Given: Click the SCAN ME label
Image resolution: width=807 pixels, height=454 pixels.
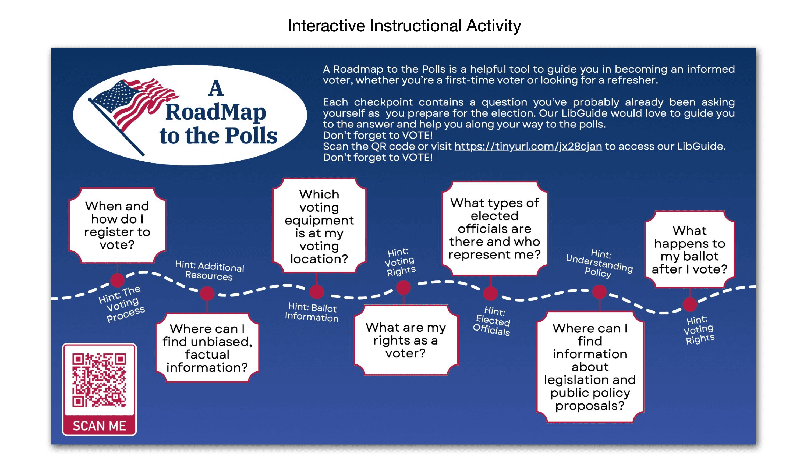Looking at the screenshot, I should click(x=99, y=426).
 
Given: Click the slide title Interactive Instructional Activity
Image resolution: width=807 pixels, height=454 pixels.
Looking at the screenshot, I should click(x=404, y=26).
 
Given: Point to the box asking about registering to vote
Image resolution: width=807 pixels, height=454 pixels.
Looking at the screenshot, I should click(x=117, y=225).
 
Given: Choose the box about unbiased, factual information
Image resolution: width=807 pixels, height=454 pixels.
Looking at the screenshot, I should click(x=207, y=348).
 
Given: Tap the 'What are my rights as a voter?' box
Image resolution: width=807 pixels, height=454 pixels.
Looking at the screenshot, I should click(x=405, y=340).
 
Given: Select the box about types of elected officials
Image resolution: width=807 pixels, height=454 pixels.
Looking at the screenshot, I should click(x=494, y=229).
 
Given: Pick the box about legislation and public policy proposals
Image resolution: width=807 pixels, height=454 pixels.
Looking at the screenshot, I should click(x=590, y=367).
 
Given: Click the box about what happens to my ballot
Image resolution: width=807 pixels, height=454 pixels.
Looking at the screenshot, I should click(x=689, y=250).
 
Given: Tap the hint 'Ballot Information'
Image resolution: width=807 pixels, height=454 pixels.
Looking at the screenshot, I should click(x=312, y=312).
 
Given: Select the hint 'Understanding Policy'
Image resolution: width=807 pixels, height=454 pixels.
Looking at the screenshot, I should click(x=599, y=263).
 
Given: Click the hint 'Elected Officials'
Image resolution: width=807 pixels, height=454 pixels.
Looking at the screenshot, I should click(x=492, y=321).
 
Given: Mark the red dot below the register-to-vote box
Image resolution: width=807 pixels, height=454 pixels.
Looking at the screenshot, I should click(x=118, y=280).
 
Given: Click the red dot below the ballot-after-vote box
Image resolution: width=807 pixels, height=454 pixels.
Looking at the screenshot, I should click(x=689, y=304).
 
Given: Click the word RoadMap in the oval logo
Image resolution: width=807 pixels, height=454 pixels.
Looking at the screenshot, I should click(x=215, y=112).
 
